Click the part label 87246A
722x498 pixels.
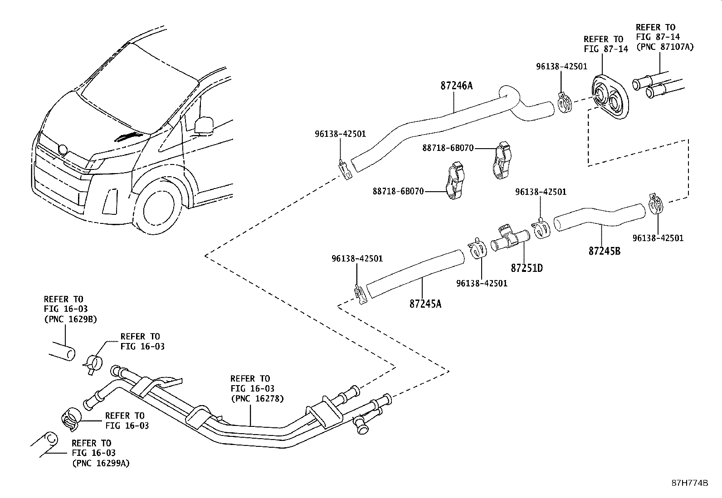click(456, 85)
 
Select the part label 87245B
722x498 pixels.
click(604, 251)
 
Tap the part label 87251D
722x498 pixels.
click(527, 268)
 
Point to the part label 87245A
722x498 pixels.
click(425, 304)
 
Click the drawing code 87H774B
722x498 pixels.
click(689, 483)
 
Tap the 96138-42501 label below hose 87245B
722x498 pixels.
click(658, 238)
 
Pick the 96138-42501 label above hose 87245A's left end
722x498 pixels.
click(357, 259)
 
